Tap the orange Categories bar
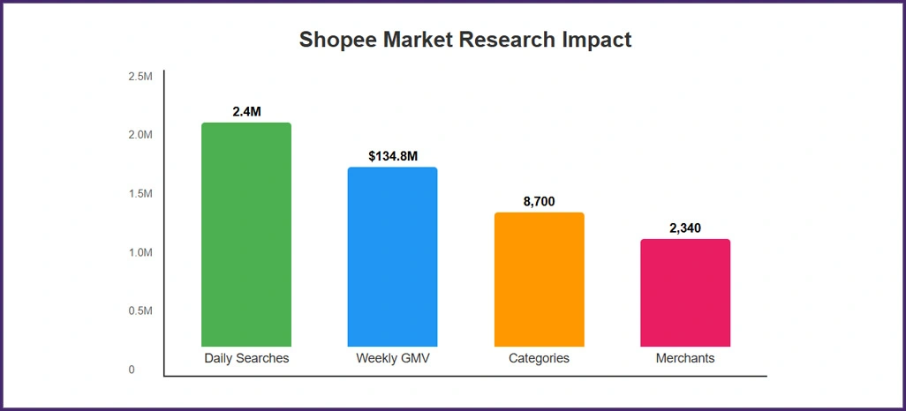pos(539,280)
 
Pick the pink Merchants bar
pos(685,293)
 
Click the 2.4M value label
pos(246,112)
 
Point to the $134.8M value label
pos(392,156)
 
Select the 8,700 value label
pos(539,202)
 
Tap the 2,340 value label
pos(685,228)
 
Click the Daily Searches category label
pos(246,359)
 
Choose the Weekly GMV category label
pos(392,359)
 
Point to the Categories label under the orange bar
pos(539,359)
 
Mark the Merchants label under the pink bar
pos(685,359)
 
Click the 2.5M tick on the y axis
pos(140,77)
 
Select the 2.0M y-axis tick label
pos(140,135)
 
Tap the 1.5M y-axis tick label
pos(140,194)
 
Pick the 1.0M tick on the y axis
pos(140,252)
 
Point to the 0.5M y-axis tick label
pos(140,311)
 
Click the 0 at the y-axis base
pos(132,370)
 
